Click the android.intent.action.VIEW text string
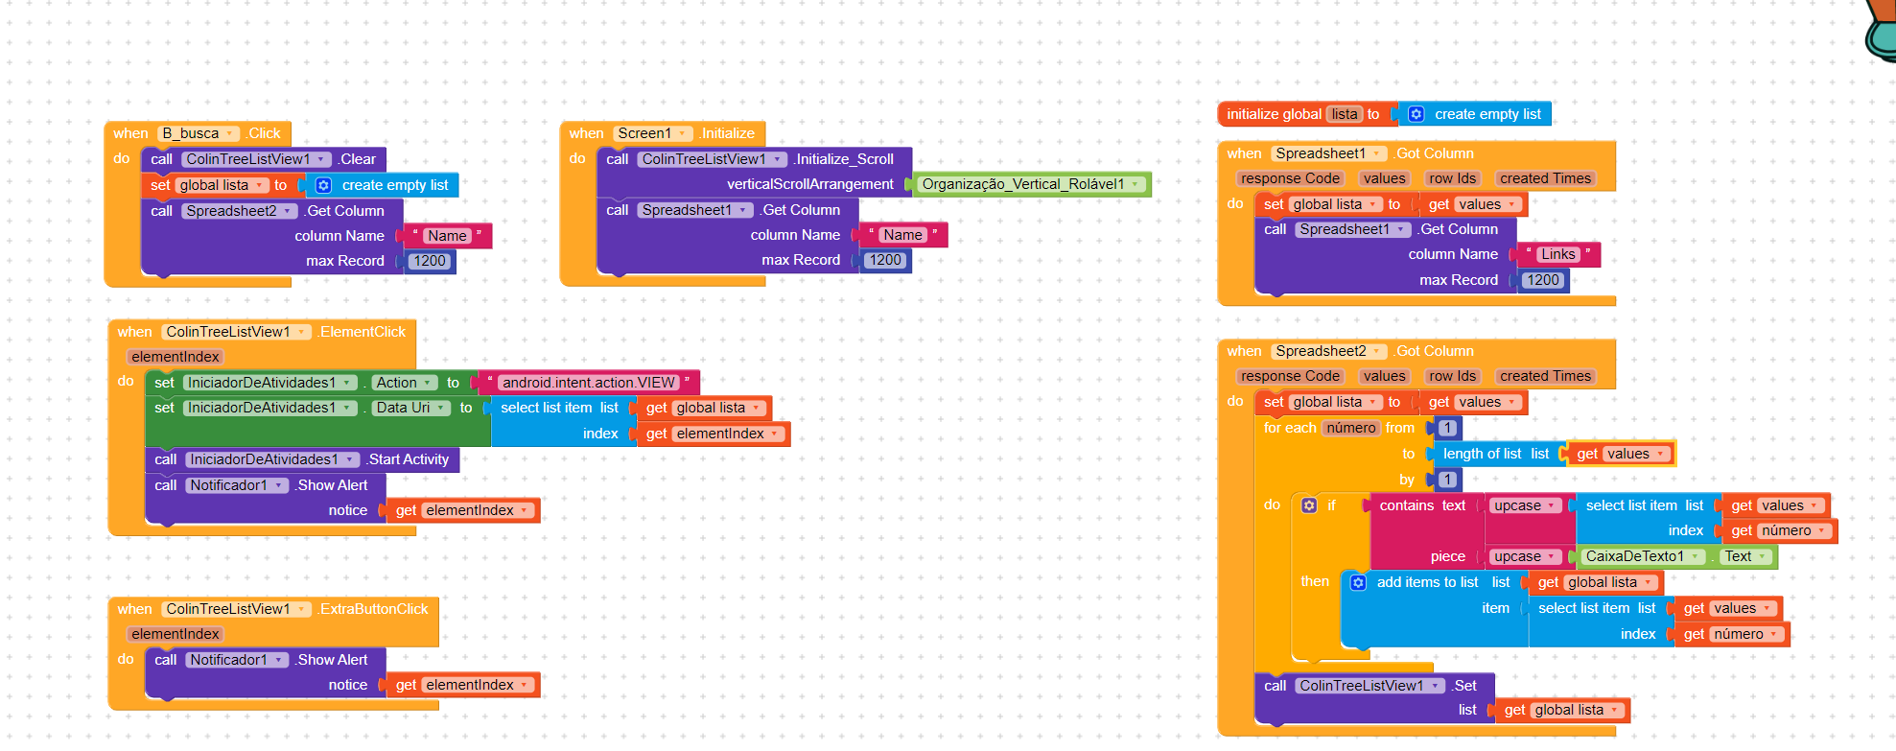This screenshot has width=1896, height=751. (x=589, y=383)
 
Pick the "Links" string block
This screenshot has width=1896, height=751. (x=1557, y=254)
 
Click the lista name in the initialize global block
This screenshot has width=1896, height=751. (x=1345, y=114)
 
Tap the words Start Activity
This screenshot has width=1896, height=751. (x=410, y=459)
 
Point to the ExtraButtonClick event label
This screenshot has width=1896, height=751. (x=374, y=609)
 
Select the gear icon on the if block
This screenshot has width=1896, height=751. (x=1309, y=505)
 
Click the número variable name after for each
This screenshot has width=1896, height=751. (x=1351, y=428)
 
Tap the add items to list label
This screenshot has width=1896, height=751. (x=1427, y=582)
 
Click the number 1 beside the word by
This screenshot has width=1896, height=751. (x=1448, y=480)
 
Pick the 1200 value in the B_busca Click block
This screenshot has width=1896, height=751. (x=430, y=261)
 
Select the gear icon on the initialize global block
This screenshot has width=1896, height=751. (x=1416, y=114)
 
